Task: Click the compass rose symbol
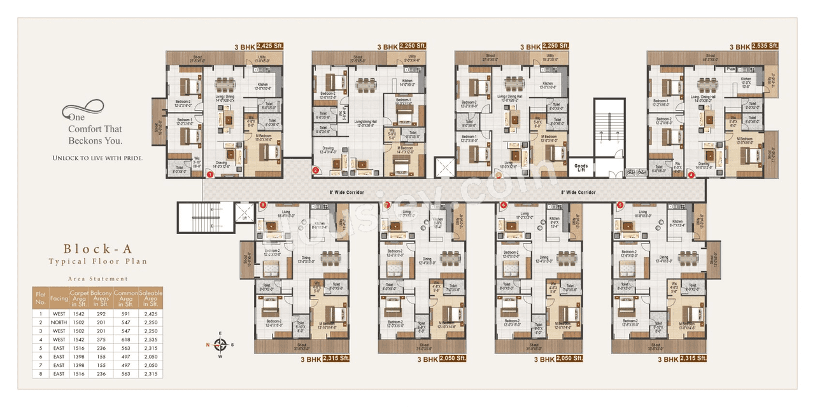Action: (x=220, y=345)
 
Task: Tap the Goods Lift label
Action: (x=581, y=168)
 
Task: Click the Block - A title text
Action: (x=98, y=249)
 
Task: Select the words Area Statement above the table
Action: (x=98, y=279)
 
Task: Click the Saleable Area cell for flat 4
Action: (x=151, y=340)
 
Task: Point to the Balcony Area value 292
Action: (x=101, y=314)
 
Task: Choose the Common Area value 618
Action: (x=125, y=340)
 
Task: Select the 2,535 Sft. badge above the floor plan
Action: (x=765, y=46)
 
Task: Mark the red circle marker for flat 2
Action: (x=315, y=170)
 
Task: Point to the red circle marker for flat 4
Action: (x=691, y=174)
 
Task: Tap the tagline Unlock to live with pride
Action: (x=97, y=157)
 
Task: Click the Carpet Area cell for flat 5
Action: (x=79, y=349)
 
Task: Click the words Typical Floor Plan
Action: (x=98, y=261)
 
